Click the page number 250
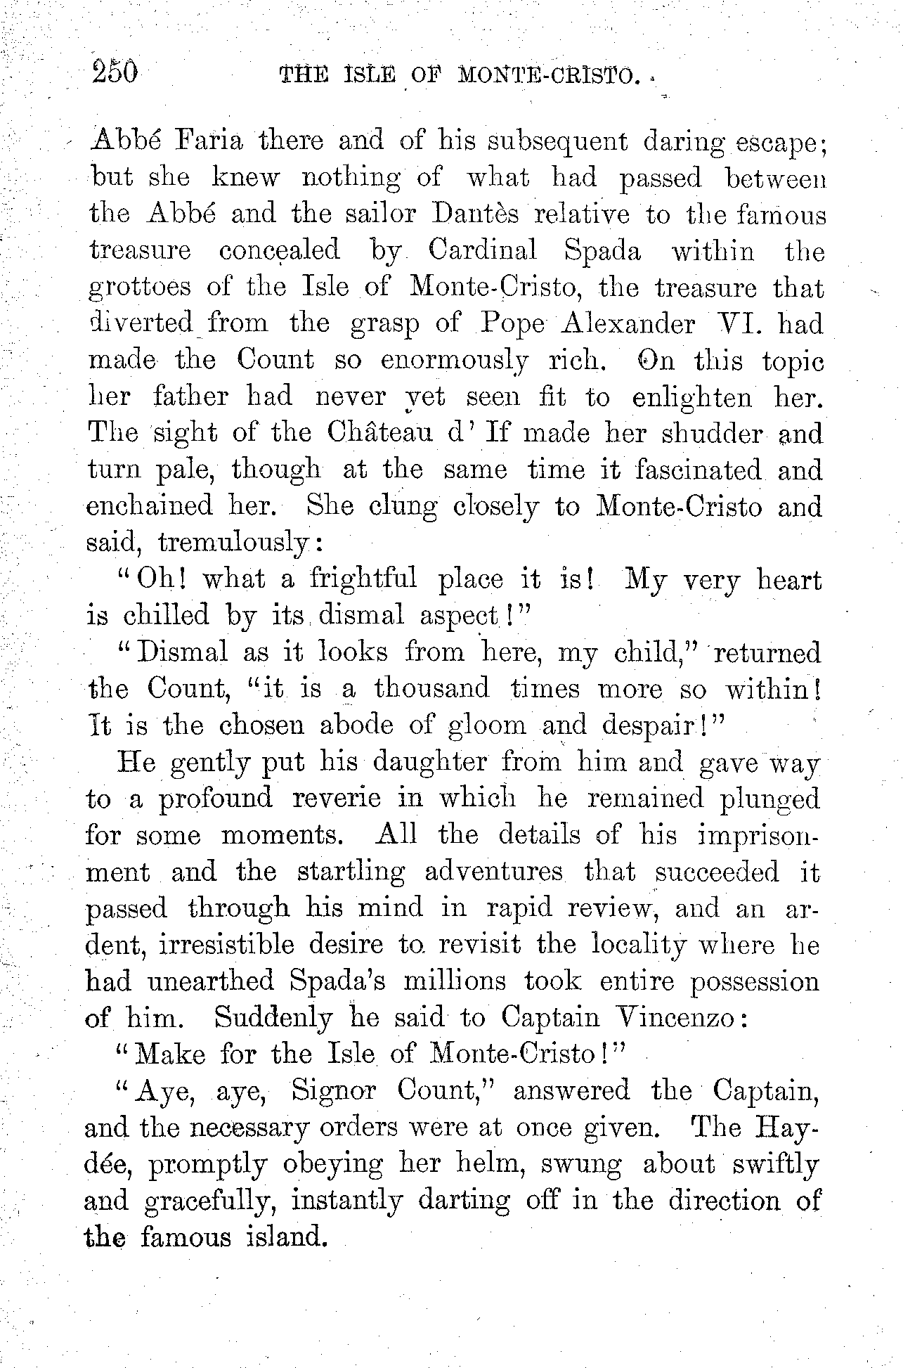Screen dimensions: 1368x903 pos(117,72)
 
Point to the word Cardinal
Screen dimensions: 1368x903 pos(486,250)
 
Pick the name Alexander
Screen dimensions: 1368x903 pos(628,323)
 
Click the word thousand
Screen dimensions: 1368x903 pos(431,688)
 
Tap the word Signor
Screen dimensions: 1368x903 pos(334,1090)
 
